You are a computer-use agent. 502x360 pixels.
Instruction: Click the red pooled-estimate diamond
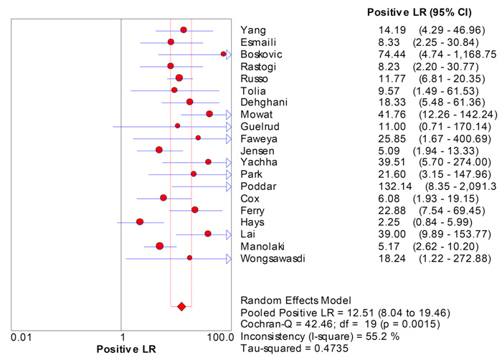point(181,306)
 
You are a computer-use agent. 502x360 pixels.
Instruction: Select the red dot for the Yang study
point(184,30)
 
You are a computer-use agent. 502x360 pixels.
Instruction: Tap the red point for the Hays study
point(140,222)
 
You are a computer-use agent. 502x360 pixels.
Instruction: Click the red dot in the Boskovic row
point(224,54)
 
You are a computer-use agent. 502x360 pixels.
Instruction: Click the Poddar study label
point(255,186)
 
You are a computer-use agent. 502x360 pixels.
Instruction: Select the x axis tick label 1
point(122,336)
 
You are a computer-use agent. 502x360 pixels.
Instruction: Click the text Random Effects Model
point(294,300)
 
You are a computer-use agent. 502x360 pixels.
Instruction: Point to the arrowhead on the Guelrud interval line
point(228,126)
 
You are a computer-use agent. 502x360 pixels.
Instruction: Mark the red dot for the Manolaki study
point(160,245)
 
